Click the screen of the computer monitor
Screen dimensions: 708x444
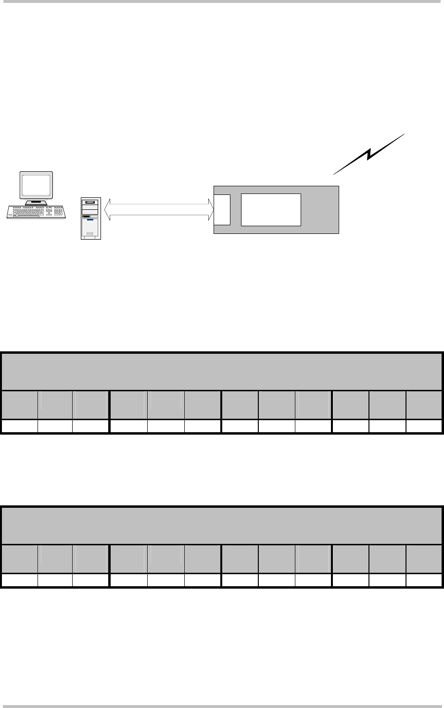[x=36, y=184]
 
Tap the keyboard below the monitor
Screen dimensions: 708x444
[x=37, y=212]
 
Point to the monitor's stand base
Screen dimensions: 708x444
[x=36, y=202]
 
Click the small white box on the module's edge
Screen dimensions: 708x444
[x=222, y=209]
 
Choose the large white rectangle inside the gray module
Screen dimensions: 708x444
[x=271, y=209]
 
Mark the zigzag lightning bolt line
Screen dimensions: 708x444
[x=369, y=154]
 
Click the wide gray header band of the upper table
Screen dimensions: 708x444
[x=222, y=371]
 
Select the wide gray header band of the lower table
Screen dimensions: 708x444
[x=222, y=526]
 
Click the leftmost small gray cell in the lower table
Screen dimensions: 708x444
[x=20, y=559]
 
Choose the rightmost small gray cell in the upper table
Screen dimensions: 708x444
[x=424, y=405]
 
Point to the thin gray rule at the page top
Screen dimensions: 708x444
[x=222, y=1]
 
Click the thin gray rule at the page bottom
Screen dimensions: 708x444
[x=222, y=706]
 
